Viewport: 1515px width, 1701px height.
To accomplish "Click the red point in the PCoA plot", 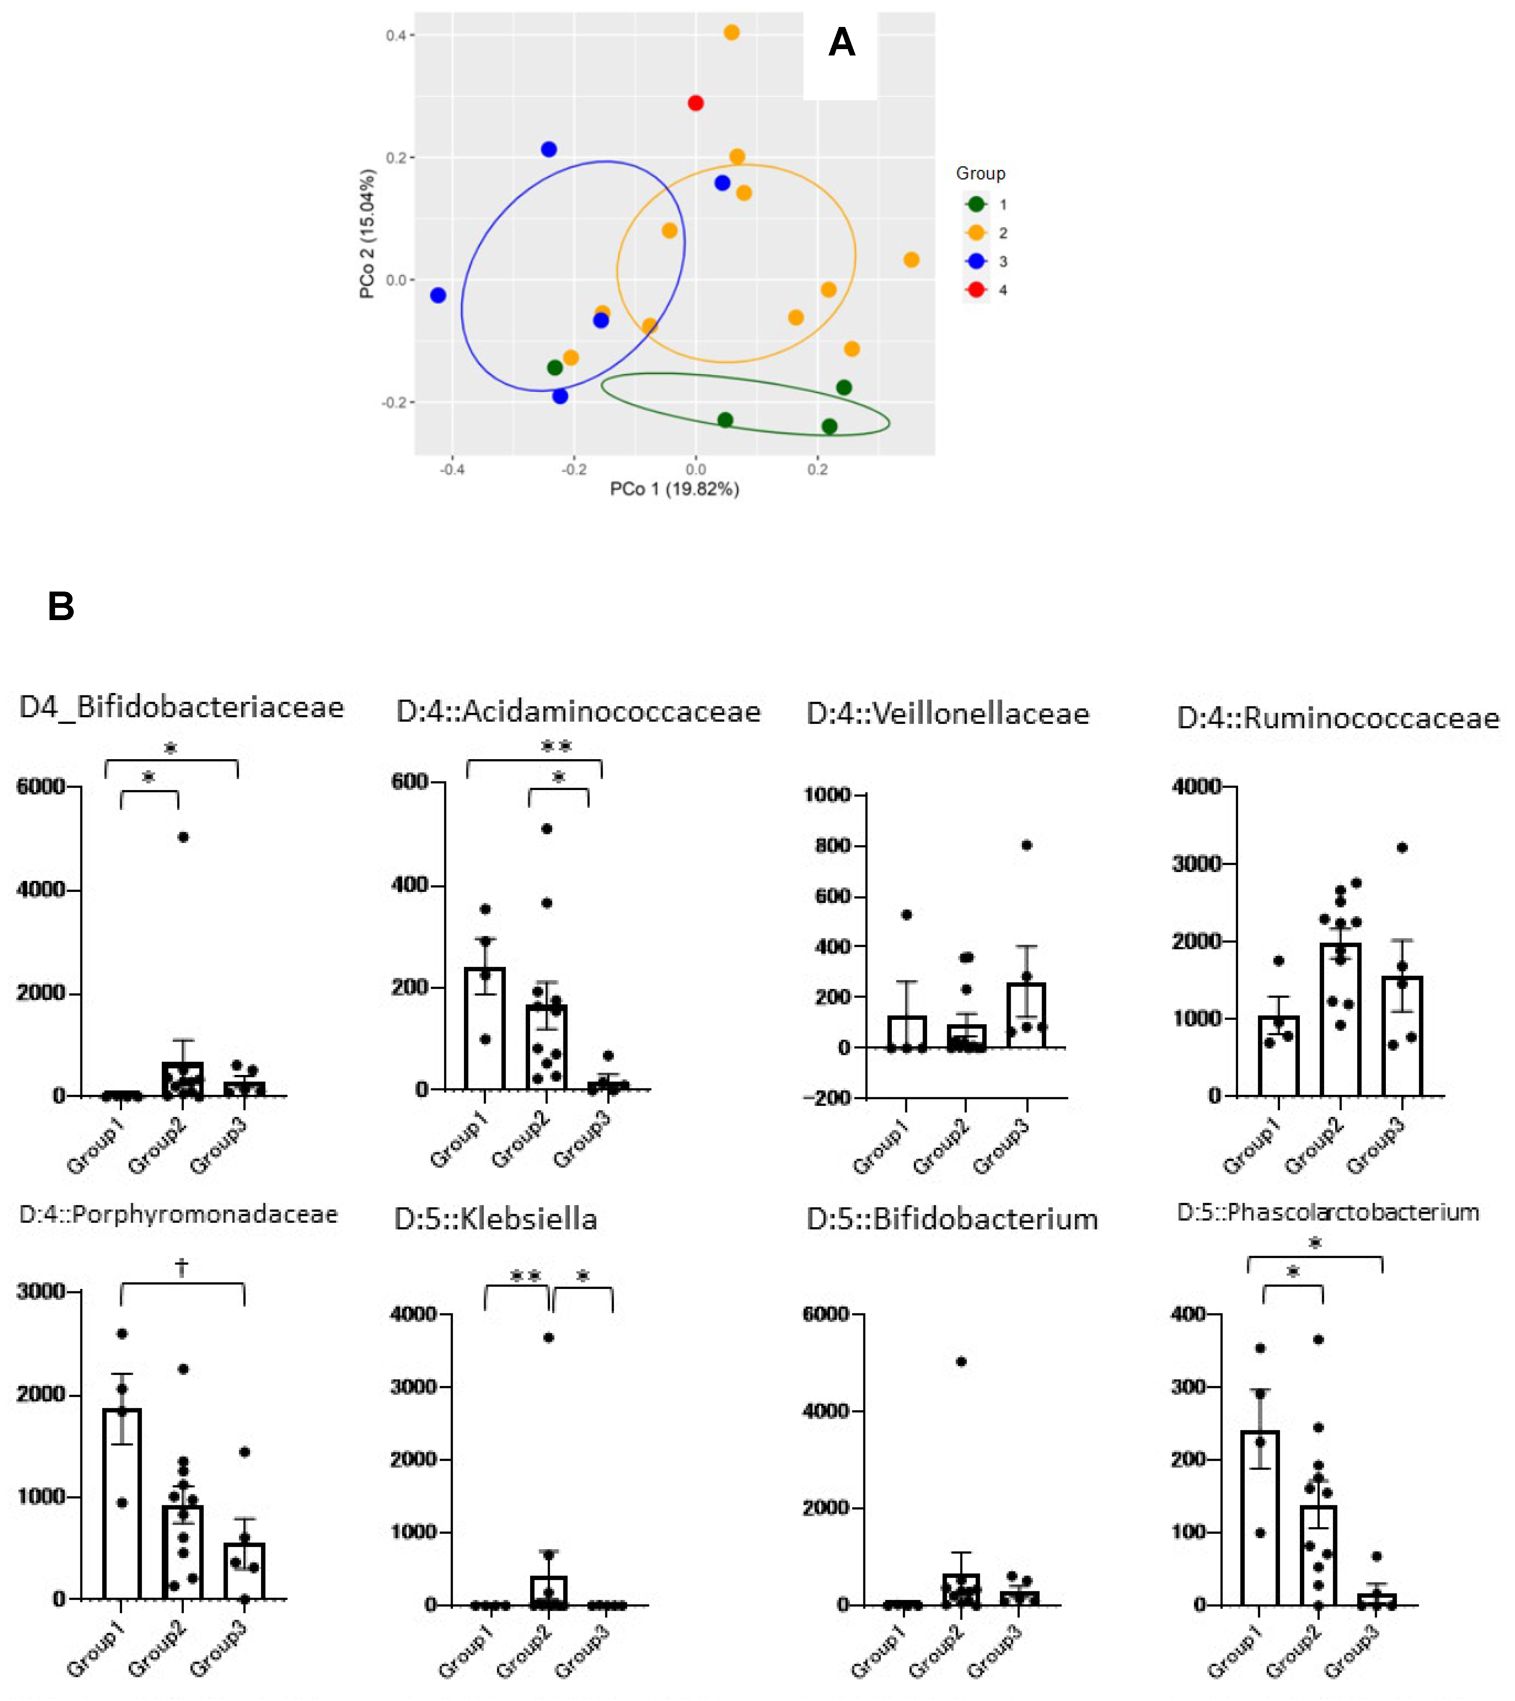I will point(696,103).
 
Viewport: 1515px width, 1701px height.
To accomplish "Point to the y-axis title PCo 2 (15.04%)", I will point(367,234).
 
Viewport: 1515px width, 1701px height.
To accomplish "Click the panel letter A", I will point(841,42).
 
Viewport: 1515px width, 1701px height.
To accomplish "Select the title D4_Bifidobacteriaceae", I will point(181,707).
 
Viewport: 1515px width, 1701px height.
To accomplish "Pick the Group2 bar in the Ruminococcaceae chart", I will point(1340,1020).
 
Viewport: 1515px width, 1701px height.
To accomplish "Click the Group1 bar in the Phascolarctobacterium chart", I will point(1259,1520).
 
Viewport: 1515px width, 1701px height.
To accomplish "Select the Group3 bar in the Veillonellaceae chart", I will point(1027,1016).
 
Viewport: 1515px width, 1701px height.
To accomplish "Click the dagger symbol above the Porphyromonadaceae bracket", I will point(181,1267).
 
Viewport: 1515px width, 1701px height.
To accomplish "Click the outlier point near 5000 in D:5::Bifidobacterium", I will point(962,1361).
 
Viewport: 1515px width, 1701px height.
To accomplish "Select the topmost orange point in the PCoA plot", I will point(732,32).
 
